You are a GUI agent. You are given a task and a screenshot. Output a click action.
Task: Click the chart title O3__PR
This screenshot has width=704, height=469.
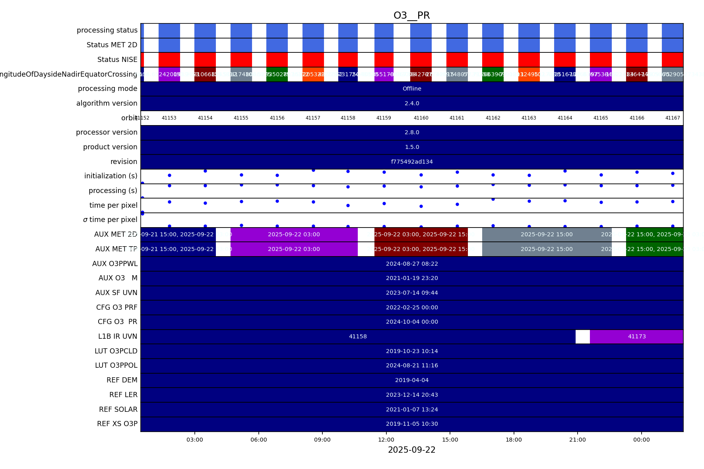[411, 15]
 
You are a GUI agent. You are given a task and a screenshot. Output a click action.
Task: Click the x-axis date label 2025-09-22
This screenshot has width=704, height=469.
[411, 450]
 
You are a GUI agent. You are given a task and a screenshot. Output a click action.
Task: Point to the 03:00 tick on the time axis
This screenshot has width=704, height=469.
[195, 440]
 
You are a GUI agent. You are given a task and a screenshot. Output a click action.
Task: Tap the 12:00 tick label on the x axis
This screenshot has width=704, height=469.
[386, 440]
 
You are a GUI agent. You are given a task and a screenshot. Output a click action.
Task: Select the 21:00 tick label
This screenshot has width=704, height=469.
[577, 440]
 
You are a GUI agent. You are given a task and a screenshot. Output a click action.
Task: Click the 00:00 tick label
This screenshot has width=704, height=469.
[641, 440]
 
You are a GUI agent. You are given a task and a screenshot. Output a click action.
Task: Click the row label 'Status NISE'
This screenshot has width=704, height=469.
[117, 60]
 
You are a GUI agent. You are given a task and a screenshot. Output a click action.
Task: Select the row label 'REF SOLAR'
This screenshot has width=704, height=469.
[118, 409]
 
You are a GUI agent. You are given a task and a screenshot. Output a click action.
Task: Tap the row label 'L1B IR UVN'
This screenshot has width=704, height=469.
[118, 336]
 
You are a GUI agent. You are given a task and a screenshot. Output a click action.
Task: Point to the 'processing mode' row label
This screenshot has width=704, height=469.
[107, 89]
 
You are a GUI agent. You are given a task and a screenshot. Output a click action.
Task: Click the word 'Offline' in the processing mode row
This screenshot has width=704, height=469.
[412, 89]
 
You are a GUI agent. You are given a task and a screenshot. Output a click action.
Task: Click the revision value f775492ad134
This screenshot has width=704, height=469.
[412, 162]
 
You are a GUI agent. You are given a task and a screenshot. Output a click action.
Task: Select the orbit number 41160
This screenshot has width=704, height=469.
[421, 118]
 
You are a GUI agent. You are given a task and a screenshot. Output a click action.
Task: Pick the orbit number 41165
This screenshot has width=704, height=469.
[601, 118]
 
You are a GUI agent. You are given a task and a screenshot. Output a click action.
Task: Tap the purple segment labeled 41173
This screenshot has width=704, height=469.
[636, 336]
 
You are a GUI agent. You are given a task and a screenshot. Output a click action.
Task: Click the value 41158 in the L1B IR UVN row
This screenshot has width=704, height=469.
[358, 336]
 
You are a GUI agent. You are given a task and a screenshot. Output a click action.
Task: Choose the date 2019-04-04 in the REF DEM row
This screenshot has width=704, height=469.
[412, 380]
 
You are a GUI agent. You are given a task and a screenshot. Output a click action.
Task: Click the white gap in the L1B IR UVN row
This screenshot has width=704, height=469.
[582, 336]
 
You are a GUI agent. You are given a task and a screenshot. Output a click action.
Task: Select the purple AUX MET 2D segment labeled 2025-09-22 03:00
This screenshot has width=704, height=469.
[294, 234]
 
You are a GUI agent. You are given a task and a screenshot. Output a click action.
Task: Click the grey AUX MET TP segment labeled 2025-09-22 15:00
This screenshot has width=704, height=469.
[547, 249]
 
